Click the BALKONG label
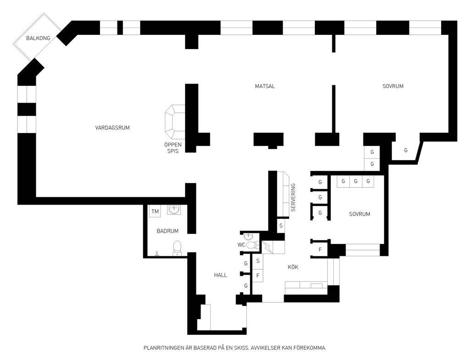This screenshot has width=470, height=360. tap(38, 38)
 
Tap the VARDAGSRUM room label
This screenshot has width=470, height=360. tap(112, 127)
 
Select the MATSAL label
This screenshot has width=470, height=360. tap(265, 86)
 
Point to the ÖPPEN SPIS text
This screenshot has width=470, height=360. tap(173, 148)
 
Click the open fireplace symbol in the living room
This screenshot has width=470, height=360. tap(175, 122)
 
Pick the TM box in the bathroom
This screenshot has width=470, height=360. tap(155, 211)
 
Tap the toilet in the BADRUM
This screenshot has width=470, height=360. tap(177, 248)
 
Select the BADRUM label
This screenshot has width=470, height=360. tap(168, 231)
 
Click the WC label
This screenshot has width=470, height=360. tap(241, 245)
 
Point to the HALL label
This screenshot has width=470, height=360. tap(220, 275)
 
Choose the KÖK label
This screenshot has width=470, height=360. tap(293, 267)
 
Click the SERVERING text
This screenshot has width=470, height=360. tap(293, 197)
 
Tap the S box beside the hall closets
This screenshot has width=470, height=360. tap(258, 261)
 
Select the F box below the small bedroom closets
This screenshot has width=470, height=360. tap(320, 249)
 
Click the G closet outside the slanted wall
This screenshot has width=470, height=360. tap(406, 150)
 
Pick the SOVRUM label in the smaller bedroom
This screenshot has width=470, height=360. tap(359, 214)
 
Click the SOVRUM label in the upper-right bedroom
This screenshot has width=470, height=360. tap(393, 86)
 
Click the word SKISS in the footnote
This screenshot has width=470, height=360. tap(241, 348)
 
